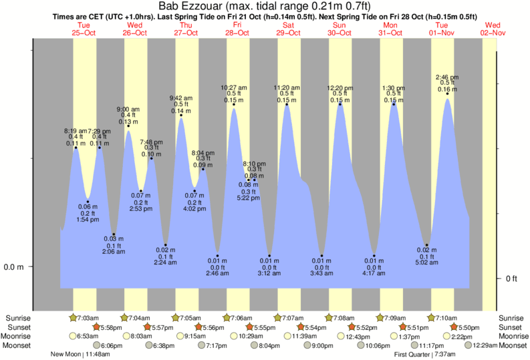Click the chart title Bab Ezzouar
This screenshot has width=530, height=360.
coord(193,6)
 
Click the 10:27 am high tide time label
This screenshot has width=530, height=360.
coord(234,87)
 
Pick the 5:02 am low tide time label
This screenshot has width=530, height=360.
coord(427,263)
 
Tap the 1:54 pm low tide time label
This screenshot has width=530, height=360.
coord(88,219)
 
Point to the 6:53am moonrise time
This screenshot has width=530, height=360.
coord(88,336)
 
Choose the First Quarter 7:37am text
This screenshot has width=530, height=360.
coord(426,354)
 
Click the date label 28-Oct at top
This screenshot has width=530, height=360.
coord(237,32)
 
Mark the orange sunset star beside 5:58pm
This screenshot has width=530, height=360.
coord(96,327)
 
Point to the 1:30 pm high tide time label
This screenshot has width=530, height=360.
coord(393,87)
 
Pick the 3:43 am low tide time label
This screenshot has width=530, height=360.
coord(322,275)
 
